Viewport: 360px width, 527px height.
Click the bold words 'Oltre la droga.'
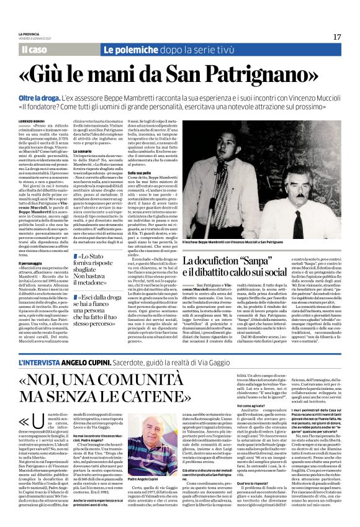(38, 99)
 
